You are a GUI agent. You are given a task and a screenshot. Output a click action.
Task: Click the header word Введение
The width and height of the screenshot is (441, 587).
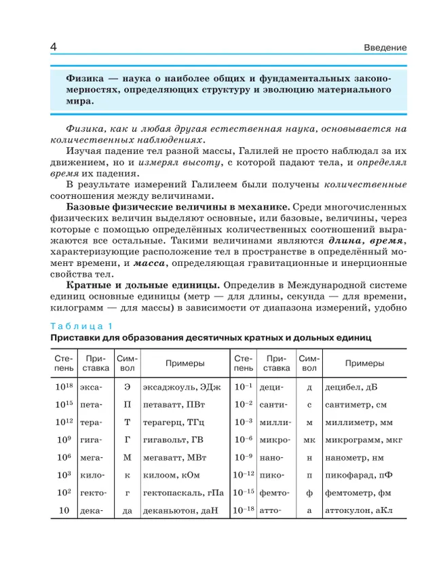[x=385, y=48]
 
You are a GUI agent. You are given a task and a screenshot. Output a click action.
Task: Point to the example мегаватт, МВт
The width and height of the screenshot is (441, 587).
[x=172, y=457]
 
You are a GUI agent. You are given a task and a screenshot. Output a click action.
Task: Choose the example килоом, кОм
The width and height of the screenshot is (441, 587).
[x=166, y=475]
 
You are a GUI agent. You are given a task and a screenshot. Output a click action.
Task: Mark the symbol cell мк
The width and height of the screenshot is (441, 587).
[x=309, y=440]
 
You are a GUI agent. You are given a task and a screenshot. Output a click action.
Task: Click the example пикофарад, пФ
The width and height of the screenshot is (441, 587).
[x=357, y=475]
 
